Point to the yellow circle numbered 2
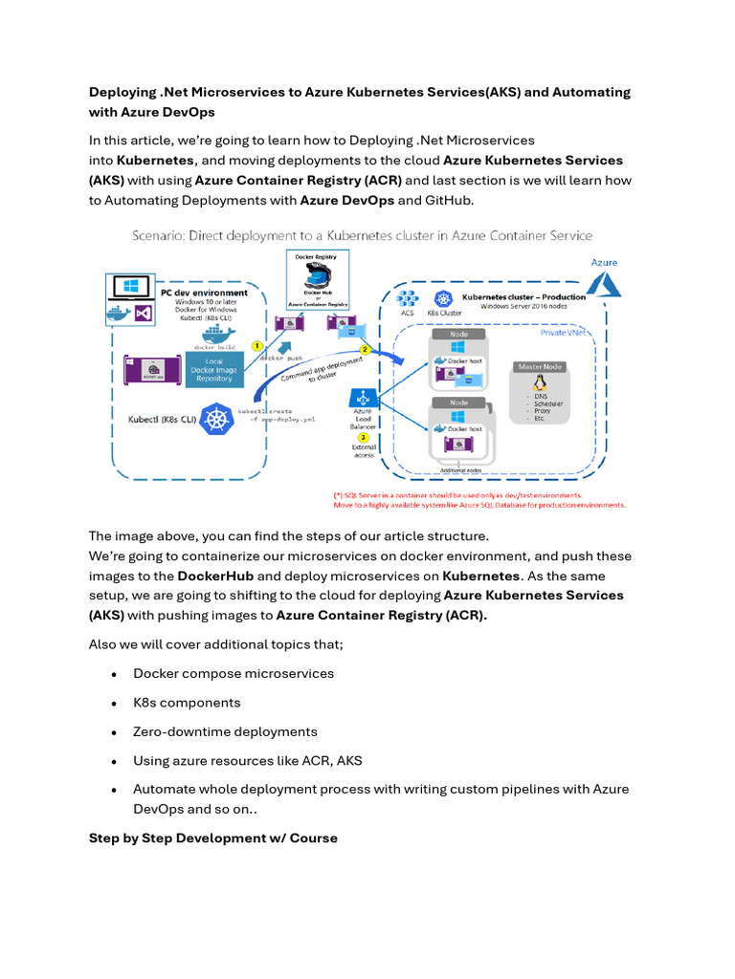click(x=365, y=350)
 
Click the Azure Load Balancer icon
click(x=363, y=398)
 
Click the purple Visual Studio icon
click(x=143, y=313)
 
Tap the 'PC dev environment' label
click(x=204, y=293)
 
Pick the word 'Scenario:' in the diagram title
click(x=158, y=235)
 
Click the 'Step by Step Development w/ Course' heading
click(x=212, y=838)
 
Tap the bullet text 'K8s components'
click(x=187, y=703)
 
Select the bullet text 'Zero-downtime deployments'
click(x=225, y=731)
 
